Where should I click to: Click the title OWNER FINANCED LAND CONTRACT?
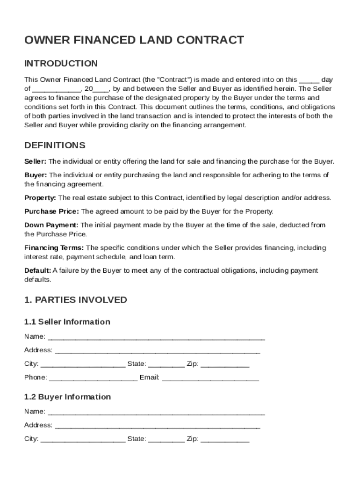click(x=134, y=40)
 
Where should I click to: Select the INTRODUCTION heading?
click(x=61, y=64)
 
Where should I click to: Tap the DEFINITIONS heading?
click(x=55, y=145)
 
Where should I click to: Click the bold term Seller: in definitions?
click(x=35, y=161)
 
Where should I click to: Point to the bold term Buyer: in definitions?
click(x=36, y=175)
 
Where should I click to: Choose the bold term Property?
click(x=40, y=198)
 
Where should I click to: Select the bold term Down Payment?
click(x=51, y=225)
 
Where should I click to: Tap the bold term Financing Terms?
click(x=54, y=247)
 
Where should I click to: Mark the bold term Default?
click(x=37, y=270)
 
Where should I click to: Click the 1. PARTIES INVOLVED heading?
click(x=75, y=299)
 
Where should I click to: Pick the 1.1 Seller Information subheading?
click(x=67, y=322)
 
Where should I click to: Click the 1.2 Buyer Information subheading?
click(x=67, y=397)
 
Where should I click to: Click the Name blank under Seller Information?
click(x=156, y=337)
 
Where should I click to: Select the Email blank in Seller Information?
click(x=210, y=378)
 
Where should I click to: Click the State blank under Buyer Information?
click(x=166, y=440)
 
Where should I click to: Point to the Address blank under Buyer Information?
click(x=157, y=426)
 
